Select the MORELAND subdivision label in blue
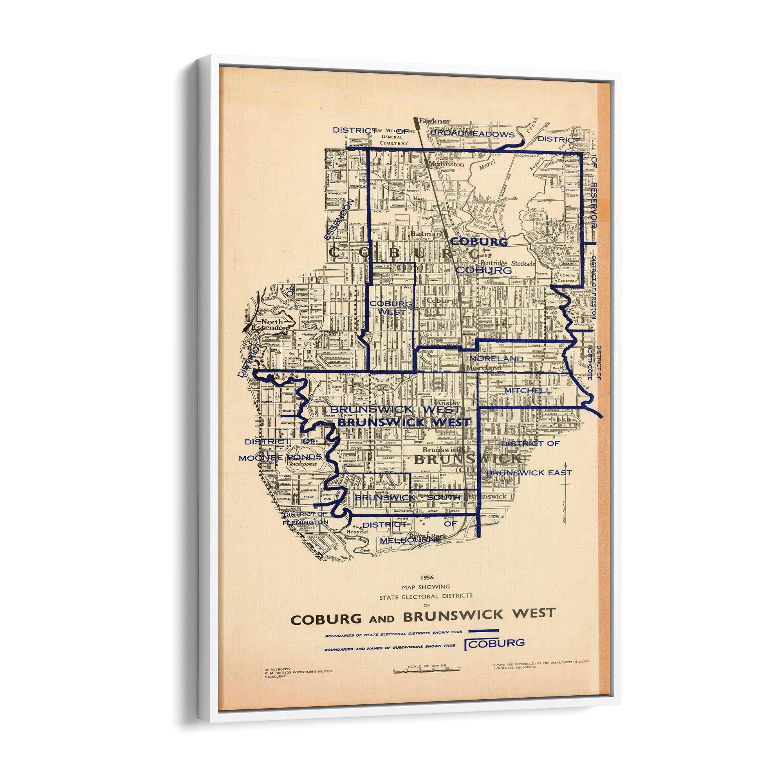(x=496, y=359)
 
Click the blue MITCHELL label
(x=527, y=390)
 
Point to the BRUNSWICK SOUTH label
(x=407, y=497)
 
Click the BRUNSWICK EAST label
(x=529, y=473)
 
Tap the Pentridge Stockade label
(x=508, y=263)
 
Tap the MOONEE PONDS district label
(x=280, y=458)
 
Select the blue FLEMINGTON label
(x=304, y=523)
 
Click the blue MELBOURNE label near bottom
(x=410, y=540)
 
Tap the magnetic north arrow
(x=567, y=491)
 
